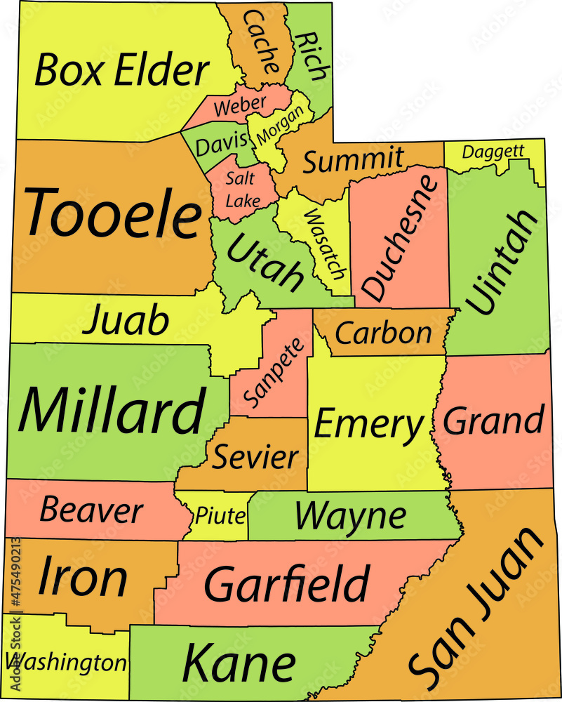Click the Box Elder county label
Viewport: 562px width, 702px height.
point(122,71)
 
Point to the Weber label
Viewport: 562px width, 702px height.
point(240,106)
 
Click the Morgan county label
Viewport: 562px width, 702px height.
point(280,126)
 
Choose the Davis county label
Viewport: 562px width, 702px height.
point(222,145)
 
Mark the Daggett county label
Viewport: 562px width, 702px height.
point(493,151)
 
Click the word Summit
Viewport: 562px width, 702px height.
point(353,161)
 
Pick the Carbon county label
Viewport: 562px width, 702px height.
point(383,333)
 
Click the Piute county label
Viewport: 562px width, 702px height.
point(220,517)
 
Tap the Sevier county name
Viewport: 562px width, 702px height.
point(255,457)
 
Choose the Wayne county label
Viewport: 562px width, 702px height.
point(349,516)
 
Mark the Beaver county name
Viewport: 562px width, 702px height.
point(91,510)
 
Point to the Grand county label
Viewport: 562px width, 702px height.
point(494,420)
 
